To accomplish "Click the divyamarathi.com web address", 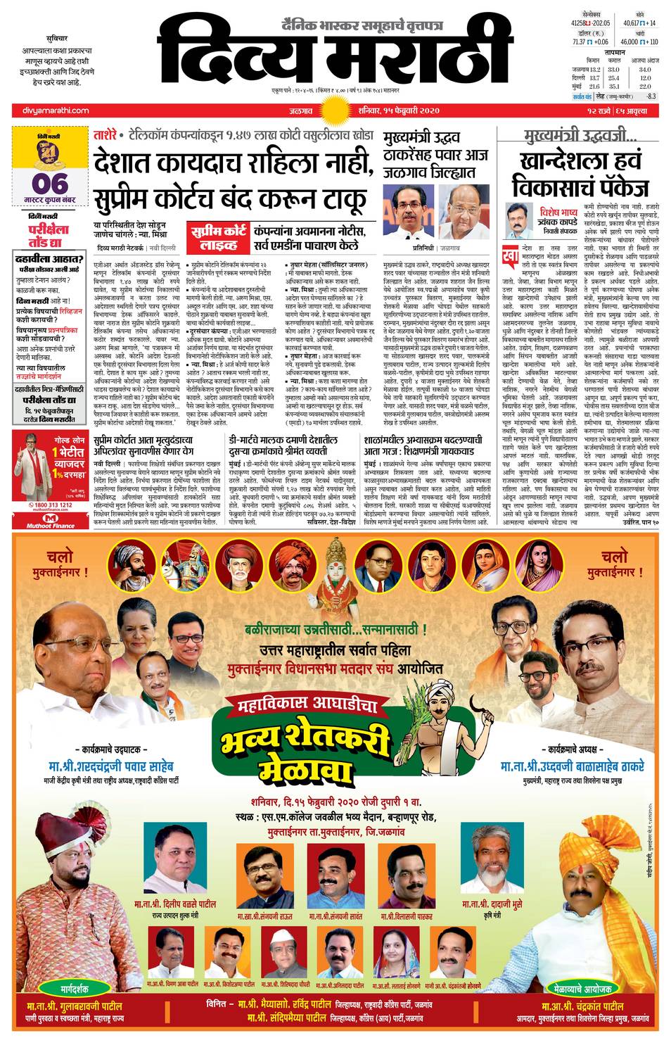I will click(x=51, y=110).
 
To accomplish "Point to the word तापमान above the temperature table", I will click(x=614, y=52).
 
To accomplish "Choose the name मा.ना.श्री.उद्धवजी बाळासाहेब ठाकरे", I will click(x=572, y=766).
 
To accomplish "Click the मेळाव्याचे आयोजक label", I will click(x=582, y=987).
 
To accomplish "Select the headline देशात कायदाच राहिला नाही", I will click(x=232, y=163).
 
